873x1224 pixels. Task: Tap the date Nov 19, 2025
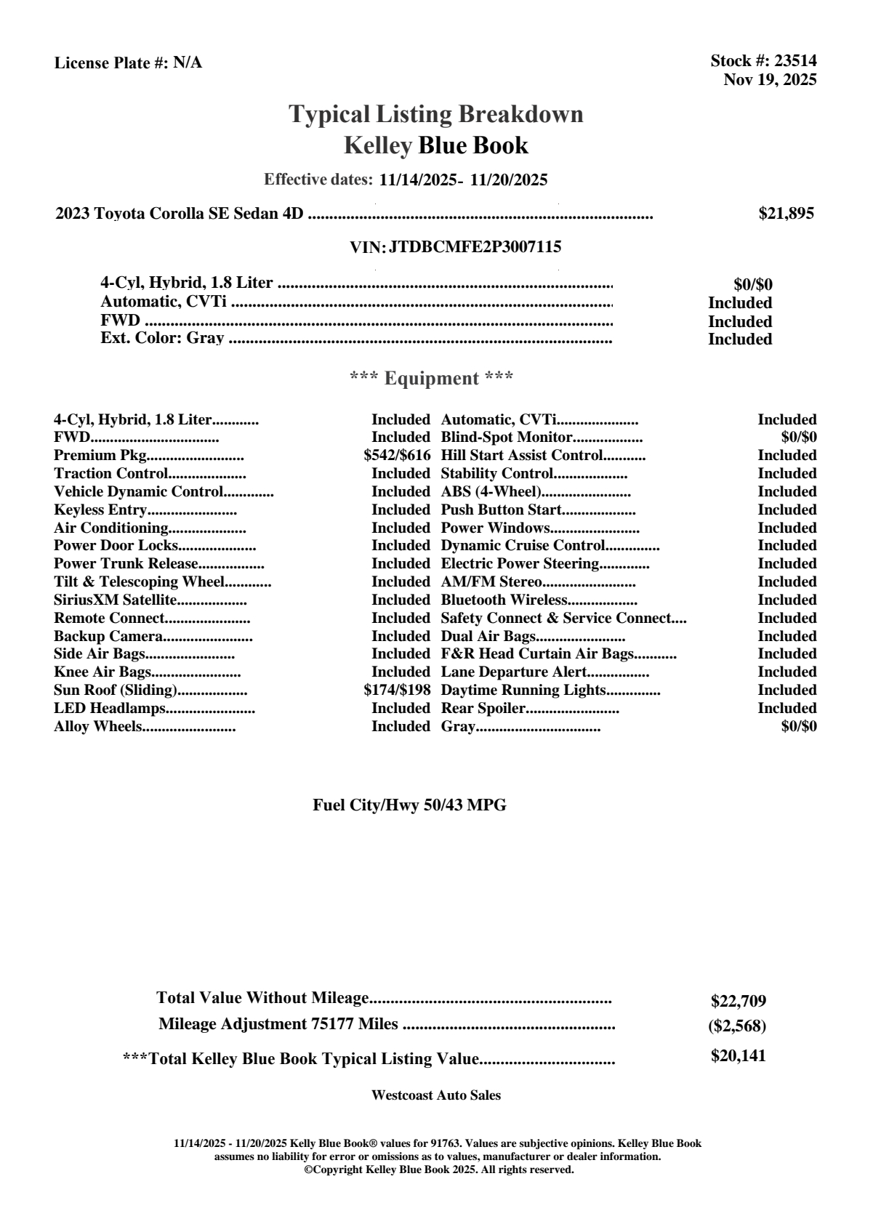pyautogui.click(x=770, y=80)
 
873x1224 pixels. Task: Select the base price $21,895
pyautogui.click(x=786, y=214)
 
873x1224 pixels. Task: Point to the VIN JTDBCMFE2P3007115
pyautogui.click(x=475, y=247)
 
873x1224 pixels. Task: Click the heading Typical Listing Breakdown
pyautogui.click(x=436, y=114)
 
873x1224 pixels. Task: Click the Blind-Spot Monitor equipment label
pyautogui.click(x=507, y=438)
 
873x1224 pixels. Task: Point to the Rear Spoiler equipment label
pyautogui.click(x=483, y=708)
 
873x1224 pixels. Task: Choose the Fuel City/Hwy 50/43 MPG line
pyautogui.click(x=409, y=805)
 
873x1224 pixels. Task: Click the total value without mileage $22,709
pyautogui.click(x=739, y=1001)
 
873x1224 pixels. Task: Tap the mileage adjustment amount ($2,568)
pyautogui.click(x=737, y=1026)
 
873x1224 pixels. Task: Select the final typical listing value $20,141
pyautogui.click(x=739, y=1056)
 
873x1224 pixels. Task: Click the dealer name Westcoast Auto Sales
pyautogui.click(x=436, y=1095)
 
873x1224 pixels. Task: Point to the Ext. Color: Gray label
pyautogui.click(x=162, y=338)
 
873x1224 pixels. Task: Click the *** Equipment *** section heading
pyautogui.click(x=432, y=379)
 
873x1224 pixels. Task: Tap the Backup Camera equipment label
pyautogui.click(x=108, y=636)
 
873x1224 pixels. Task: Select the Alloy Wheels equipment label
pyautogui.click(x=97, y=726)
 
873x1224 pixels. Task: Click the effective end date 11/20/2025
pyautogui.click(x=509, y=180)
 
